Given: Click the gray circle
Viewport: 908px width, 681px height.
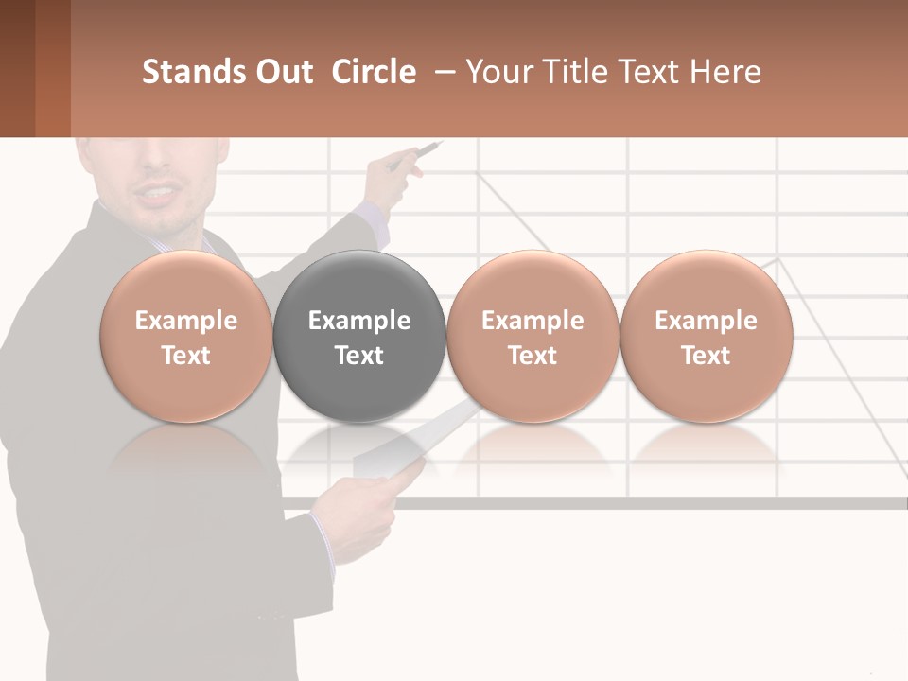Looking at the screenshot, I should pos(359,337).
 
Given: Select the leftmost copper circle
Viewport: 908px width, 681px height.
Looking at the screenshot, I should pos(186,337).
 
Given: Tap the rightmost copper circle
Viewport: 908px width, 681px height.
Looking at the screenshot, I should pos(706,337).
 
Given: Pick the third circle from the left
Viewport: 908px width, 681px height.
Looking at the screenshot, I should pos(533,337).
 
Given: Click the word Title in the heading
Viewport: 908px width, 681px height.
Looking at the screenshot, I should pos(578,72).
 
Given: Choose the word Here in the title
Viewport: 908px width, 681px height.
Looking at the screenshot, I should pos(725,72).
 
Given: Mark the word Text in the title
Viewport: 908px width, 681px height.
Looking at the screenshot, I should pos(652,72).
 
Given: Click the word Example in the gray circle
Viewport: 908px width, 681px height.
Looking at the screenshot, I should pos(359,321).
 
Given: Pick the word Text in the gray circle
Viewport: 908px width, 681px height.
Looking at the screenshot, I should pos(359,356).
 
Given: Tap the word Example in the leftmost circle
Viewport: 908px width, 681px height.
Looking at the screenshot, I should pos(186,321).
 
